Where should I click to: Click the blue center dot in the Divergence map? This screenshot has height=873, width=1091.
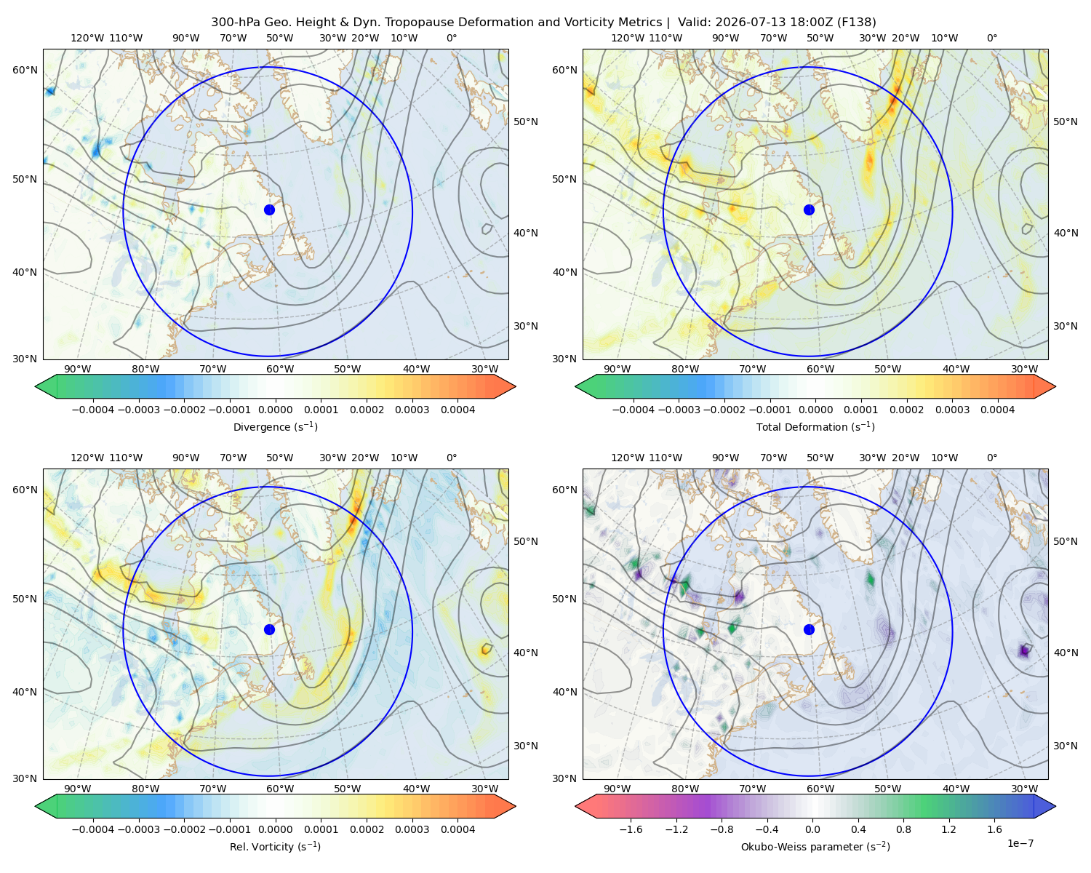[269, 210]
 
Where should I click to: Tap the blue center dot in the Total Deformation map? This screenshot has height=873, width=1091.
[809, 210]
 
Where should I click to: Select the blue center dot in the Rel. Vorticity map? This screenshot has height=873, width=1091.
[269, 629]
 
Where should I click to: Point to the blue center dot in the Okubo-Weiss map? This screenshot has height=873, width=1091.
[809, 629]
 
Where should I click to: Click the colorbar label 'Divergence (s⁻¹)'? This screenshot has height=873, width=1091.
[275, 426]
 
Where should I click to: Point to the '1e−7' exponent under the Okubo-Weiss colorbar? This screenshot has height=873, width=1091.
[1020, 843]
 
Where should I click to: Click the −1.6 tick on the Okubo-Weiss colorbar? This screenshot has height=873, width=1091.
[631, 829]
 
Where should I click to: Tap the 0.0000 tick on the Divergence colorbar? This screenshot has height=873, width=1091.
[275, 410]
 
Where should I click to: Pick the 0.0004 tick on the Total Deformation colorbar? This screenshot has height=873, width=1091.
[997, 410]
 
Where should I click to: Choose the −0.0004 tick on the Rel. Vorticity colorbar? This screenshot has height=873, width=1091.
[93, 829]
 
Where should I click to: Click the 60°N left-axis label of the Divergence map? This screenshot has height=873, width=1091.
[25, 70]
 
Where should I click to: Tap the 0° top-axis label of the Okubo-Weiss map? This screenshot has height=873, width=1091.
[991, 458]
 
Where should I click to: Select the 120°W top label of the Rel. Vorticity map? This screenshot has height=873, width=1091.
[87, 458]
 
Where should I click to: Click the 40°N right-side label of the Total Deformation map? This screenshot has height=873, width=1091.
[1066, 233]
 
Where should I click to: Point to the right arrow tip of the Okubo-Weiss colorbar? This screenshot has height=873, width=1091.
[1055, 806]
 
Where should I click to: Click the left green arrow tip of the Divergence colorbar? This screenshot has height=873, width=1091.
[35, 386]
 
